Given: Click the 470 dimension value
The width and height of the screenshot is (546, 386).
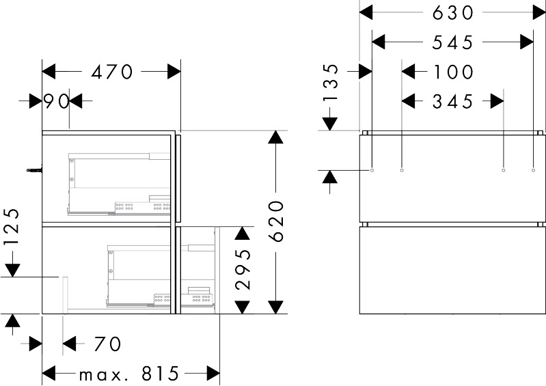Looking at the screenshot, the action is click(x=112, y=72).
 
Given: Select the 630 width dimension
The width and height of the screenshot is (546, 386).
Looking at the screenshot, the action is click(x=452, y=13).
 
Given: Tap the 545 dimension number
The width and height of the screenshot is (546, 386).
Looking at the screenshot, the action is click(x=452, y=42).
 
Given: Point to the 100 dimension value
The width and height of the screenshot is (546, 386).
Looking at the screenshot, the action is click(x=453, y=72).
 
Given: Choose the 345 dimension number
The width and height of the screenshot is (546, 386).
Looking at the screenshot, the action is click(x=452, y=102).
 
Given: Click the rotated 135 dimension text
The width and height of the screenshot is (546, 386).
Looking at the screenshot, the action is click(x=330, y=83).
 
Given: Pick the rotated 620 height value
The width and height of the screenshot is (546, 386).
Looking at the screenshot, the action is click(x=277, y=221).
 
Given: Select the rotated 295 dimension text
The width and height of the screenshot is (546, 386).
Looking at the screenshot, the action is click(x=243, y=269).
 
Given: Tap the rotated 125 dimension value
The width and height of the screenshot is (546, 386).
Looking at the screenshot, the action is click(x=12, y=228).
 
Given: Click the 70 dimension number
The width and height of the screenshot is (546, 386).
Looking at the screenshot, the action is click(x=107, y=344).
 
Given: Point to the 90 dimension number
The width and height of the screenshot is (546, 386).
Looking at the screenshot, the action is click(x=56, y=102).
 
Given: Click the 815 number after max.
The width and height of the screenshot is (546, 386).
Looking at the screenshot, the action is click(x=160, y=374).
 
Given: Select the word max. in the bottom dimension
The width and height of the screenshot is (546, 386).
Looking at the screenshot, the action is click(x=101, y=376).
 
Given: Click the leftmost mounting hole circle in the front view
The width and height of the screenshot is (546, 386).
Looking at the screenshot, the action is click(x=372, y=170).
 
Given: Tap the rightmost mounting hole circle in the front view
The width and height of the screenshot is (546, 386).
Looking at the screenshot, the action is click(x=533, y=170).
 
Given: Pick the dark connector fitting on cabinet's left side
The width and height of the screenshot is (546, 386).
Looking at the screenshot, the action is click(x=34, y=170).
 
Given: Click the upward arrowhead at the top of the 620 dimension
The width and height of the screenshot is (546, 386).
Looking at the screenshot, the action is click(x=276, y=137).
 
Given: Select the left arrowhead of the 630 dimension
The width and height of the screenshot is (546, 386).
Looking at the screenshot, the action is click(x=366, y=13).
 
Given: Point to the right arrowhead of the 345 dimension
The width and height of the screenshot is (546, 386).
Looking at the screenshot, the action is click(x=497, y=101).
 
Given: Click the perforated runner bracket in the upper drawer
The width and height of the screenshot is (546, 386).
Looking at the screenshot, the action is click(x=143, y=207).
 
